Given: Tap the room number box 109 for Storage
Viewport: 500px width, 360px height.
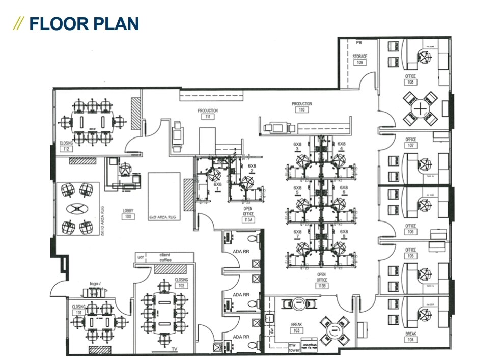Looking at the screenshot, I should pyautogui.click(x=359, y=63).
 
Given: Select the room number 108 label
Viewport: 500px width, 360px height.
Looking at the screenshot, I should pyautogui.click(x=410, y=82).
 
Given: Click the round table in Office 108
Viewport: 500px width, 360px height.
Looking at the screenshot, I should pyautogui.click(x=419, y=107).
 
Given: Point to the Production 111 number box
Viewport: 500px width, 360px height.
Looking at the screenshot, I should pyautogui.click(x=207, y=117).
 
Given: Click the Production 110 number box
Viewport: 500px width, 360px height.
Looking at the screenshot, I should pyautogui.click(x=301, y=110).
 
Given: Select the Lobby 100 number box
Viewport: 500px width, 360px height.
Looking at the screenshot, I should pyautogui.click(x=128, y=216).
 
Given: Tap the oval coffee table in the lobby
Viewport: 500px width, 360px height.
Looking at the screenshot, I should pyautogui.click(x=78, y=209).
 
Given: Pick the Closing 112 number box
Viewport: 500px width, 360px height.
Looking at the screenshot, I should pyautogui.click(x=66, y=149).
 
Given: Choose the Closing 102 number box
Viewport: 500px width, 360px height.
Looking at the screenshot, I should pyautogui.click(x=181, y=286).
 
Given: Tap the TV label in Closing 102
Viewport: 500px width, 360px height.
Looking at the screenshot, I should pyautogui.click(x=175, y=349).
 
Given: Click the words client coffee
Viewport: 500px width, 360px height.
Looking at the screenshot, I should pyautogui.click(x=165, y=257).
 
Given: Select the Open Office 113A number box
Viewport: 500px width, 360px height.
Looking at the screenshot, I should pyautogui.click(x=248, y=220).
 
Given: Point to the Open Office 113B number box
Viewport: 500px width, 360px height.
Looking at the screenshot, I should pyautogui.click(x=321, y=286).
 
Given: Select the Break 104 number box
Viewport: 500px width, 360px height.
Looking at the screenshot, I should pyautogui.click(x=410, y=340).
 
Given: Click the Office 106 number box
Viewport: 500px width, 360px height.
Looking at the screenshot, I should pyautogui.click(x=410, y=232).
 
